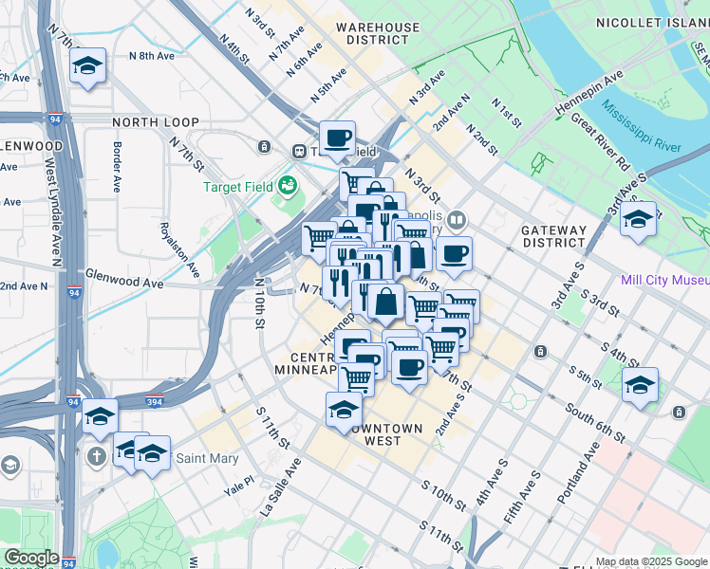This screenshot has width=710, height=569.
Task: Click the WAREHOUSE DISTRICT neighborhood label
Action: tap(378, 33)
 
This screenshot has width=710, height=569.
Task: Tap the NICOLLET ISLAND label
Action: tap(651, 22)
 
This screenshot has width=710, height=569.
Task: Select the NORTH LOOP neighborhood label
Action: tap(156, 122)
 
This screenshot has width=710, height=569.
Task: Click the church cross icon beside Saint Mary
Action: tap(96, 457)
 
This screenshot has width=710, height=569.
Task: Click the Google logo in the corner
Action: tap(31, 558)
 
